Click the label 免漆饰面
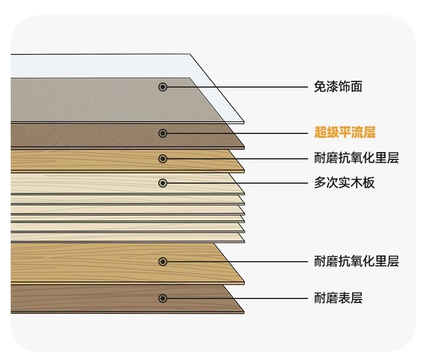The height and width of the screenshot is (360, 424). click(338, 86)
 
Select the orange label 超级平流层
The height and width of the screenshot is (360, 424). click(345, 133)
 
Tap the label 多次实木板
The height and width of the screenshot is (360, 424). click(344, 183)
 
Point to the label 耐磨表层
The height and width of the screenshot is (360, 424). click(338, 298)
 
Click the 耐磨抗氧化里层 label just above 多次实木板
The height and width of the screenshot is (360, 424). click(356, 158)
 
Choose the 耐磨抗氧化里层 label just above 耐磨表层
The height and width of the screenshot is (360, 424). click(356, 261)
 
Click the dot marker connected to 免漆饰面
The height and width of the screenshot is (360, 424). click(163, 86)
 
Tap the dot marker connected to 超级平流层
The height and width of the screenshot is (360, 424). click(163, 133)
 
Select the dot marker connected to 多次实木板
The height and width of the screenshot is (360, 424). click(163, 183)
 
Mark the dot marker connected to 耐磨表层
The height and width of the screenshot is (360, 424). click(163, 298)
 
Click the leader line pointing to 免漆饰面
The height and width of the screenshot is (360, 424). click(237, 86)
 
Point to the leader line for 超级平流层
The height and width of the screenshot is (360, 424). click(237, 133)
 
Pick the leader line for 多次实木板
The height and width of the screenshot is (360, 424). click(237, 183)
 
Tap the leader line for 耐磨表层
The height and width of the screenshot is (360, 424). click(237, 298)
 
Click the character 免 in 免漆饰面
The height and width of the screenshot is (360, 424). click(319, 86)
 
